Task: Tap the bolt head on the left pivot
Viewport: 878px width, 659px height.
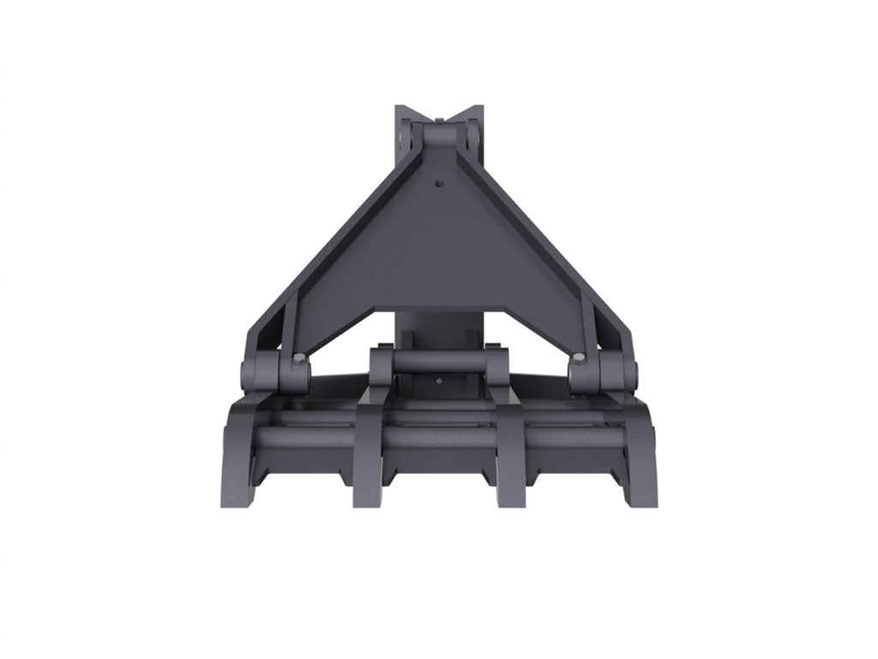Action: (298, 359)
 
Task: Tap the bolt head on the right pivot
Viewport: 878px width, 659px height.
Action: (580, 359)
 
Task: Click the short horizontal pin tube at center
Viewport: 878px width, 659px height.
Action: (439, 361)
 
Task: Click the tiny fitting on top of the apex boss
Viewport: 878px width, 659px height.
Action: (439, 118)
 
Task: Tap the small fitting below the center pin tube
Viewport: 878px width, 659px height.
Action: (439, 382)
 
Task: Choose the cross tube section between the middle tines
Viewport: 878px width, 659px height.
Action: (439, 436)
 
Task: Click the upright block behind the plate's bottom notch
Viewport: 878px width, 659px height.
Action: (439, 330)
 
